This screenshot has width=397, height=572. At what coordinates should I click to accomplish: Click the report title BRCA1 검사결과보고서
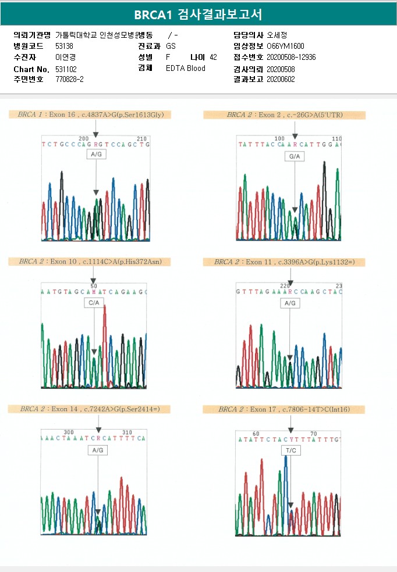point(198,14)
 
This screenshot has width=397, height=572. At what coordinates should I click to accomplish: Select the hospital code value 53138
point(64,46)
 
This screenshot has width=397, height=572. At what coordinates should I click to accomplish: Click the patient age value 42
point(213,57)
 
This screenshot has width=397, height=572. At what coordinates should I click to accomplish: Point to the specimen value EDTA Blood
point(185,69)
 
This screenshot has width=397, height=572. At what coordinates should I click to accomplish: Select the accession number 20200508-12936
point(291,57)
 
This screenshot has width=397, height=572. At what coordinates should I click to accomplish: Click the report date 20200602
point(281,79)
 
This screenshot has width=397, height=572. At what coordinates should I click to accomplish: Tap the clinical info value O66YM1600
point(285,46)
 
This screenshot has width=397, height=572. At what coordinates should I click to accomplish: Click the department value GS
point(171,46)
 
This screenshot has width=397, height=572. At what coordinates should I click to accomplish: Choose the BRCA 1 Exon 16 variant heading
point(90,115)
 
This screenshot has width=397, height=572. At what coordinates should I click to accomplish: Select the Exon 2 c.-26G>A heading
point(284,115)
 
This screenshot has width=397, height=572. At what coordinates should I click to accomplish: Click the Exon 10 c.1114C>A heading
point(90,262)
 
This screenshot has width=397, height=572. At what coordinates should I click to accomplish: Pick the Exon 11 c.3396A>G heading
point(284,262)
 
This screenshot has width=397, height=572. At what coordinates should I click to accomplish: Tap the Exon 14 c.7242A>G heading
point(90,409)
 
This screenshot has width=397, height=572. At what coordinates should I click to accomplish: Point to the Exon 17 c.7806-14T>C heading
point(284,410)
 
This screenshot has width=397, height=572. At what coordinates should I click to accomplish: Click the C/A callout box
point(94,303)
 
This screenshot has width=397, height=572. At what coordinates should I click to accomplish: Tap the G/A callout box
point(295,156)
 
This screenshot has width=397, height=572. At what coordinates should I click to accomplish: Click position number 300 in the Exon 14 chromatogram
point(69,432)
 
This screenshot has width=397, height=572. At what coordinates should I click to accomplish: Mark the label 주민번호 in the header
point(28,79)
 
